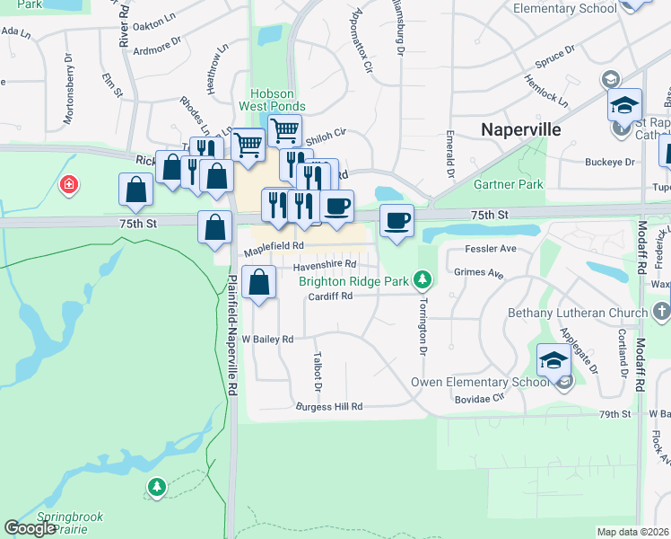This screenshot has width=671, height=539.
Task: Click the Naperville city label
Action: (x=521, y=129)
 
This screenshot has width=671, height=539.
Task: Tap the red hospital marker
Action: (x=68, y=186)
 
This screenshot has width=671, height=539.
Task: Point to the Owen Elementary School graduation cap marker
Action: (x=554, y=361)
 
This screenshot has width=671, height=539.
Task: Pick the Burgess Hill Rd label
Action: (x=329, y=407)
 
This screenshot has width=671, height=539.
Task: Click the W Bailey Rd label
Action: (x=267, y=340)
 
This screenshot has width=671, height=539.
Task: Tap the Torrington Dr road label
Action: (x=418, y=326)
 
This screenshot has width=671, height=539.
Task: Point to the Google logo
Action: (x=30, y=528)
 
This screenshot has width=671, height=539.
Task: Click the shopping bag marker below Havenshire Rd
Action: (x=259, y=283)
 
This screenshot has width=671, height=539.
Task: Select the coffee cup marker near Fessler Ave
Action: (x=396, y=220)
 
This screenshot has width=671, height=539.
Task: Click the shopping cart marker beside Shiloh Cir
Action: (x=284, y=130)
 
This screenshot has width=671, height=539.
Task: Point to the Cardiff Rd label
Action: (x=329, y=297)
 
